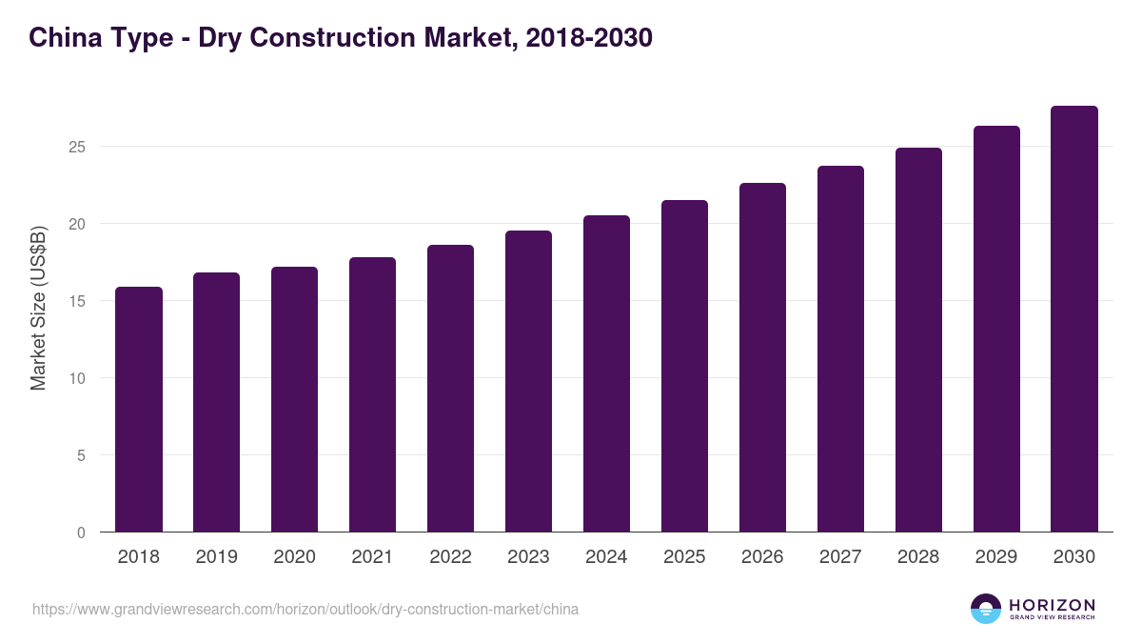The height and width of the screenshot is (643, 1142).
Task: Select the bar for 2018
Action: point(139,410)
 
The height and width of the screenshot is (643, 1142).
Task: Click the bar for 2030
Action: point(1074,319)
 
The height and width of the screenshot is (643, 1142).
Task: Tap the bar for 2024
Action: point(606,373)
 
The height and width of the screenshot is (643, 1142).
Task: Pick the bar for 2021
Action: point(372,394)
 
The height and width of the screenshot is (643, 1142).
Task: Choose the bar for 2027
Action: point(840,349)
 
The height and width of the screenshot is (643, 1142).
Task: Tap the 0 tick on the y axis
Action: point(81,532)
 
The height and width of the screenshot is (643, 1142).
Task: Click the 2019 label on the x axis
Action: point(216,557)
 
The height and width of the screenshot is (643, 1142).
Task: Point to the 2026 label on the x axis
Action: point(762,557)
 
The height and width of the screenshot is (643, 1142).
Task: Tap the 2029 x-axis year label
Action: point(996,557)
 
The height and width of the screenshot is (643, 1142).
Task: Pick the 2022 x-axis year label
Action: point(450,557)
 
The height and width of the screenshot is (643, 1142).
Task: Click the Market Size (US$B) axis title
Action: point(38,309)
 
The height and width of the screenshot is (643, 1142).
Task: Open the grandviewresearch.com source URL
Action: point(305,609)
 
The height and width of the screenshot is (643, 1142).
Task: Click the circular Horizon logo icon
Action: point(986,609)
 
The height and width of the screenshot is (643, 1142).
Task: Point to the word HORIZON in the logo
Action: point(1052,605)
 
